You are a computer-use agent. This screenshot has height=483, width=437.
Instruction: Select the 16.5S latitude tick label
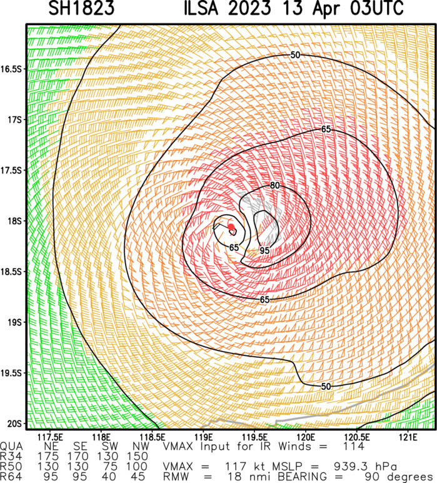(x=12, y=69)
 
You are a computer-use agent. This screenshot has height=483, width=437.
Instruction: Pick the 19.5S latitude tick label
(x=12, y=373)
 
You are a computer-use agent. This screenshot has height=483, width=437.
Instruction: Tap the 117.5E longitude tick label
(x=50, y=436)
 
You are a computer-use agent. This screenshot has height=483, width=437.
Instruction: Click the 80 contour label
(x=274, y=186)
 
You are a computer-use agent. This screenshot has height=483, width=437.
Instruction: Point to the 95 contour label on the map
(x=265, y=250)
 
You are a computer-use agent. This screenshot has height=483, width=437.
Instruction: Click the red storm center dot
(x=231, y=227)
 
